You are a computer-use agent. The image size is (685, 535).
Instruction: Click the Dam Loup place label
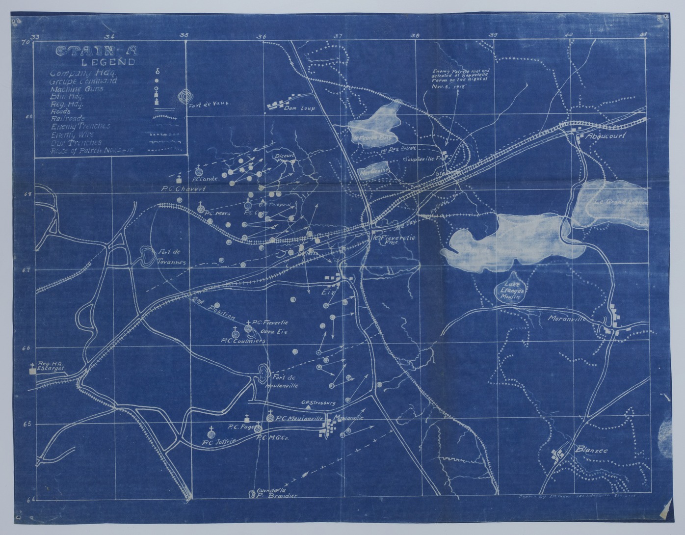click(299, 107)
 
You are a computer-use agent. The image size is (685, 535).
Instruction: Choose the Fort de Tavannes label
click(171, 258)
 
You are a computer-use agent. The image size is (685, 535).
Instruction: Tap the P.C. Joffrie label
click(219, 441)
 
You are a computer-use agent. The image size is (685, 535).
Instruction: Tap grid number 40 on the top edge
click(569, 35)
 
